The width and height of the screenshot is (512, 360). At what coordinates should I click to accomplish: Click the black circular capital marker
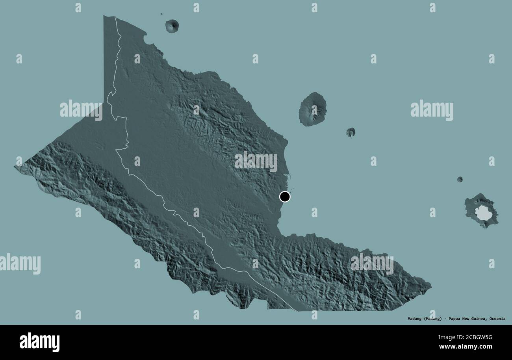pyautogui.click(x=285, y=197)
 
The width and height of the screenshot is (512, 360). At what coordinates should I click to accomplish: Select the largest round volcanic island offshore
pyautogui.click(x=313, y=109)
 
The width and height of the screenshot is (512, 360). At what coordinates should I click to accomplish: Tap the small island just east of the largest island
pyautogui.click(x=350, y=132)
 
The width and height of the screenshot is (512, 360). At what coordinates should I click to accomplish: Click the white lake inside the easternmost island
pyautogui.click(x=482, y=213)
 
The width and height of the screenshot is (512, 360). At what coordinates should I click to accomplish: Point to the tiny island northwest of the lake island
pyautogui.click(x=460, y=179)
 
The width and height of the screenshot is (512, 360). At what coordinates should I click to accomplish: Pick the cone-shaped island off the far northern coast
pyautogui.click(x=172, y=26)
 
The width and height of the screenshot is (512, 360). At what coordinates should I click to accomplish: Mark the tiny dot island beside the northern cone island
pyautogui.click(x=161, y=15)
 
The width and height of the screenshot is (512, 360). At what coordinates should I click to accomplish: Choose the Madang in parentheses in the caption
pyautogui.click(x=433, y=319)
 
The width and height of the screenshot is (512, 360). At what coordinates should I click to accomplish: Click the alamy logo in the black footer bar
pyautogui.click(x=39, y=342)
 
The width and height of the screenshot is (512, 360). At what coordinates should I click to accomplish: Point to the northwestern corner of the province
pyautogui.click(x=104, y=17)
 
